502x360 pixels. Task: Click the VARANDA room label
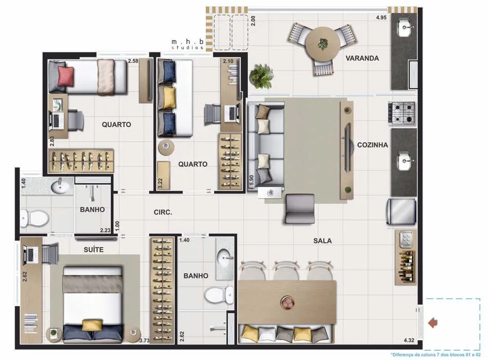362,59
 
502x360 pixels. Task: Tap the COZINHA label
372,145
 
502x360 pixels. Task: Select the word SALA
322,241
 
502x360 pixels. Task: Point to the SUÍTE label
93,250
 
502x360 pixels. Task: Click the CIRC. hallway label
163,212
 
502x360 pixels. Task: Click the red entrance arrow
433,323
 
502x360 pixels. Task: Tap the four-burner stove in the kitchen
402,113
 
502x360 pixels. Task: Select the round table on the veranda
322,44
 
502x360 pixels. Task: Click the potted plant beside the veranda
261,76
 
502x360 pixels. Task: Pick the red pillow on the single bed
66,77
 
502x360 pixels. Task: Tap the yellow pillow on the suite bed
92,325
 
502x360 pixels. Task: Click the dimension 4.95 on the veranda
381,17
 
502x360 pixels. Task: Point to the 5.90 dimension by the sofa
252,180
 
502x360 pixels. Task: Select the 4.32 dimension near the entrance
409,340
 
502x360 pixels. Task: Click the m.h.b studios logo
188,44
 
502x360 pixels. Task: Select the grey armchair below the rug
300,209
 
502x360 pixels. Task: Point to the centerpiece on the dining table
286,302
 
